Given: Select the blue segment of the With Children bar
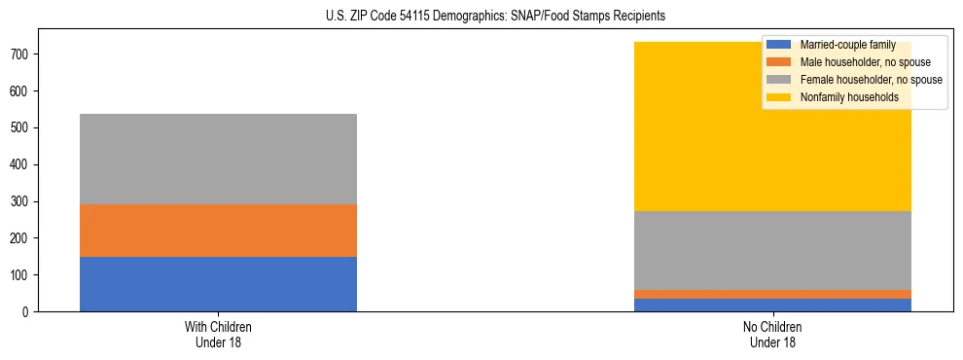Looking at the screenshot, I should [218, 284].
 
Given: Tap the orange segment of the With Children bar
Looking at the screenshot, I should [218, 231].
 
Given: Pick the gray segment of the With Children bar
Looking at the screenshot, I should [218, 159].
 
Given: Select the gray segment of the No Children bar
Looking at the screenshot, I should [772, 250].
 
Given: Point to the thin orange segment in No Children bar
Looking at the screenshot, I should [772, 294].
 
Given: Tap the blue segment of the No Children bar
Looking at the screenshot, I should [772, 305].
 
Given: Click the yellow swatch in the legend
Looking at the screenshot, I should [779, 97].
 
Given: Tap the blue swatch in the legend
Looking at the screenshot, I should [779, 45].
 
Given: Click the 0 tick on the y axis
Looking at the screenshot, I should [27, 311].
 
